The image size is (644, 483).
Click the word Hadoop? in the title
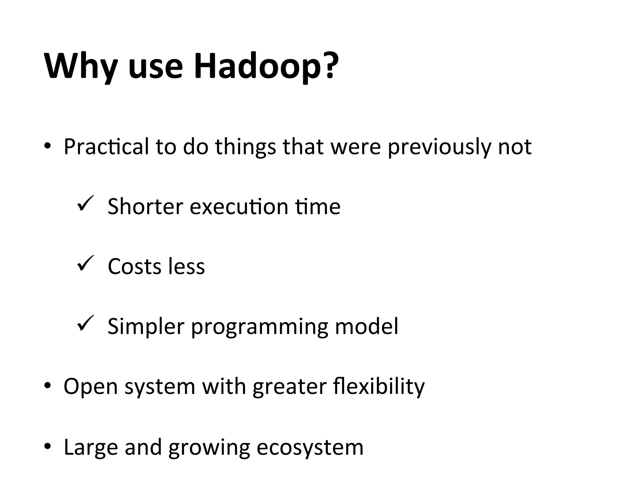(266, 66)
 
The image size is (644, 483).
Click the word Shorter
(145, 207)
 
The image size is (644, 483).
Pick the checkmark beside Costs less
(85, 263)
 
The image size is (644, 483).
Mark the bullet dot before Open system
(47, 386)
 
